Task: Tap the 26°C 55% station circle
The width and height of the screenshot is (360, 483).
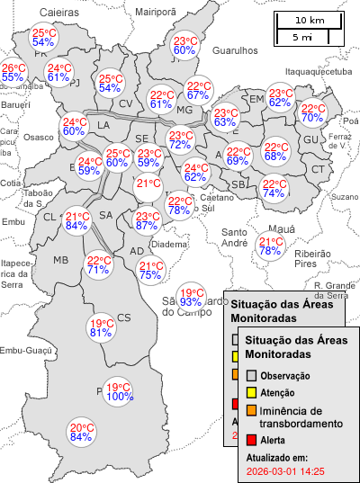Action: (13, 73)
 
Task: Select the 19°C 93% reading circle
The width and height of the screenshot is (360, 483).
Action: (191, 297)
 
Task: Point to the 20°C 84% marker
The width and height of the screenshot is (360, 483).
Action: (82, 433)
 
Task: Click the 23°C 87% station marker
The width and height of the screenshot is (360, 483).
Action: (147, 221)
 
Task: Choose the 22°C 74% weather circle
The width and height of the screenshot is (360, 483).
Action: (274, 189)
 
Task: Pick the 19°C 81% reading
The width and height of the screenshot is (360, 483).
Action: (101, 328)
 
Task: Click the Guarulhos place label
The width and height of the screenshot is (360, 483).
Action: (235, 52)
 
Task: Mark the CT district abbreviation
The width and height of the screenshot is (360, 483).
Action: (318, 169)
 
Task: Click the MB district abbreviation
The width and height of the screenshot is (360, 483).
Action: (61, 261)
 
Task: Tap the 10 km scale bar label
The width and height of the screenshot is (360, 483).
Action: (310, 20)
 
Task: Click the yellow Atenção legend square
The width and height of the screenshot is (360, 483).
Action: (252, 393)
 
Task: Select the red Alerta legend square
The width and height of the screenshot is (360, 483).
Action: (252, 440)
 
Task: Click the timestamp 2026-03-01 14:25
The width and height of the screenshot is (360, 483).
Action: (285, 470)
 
